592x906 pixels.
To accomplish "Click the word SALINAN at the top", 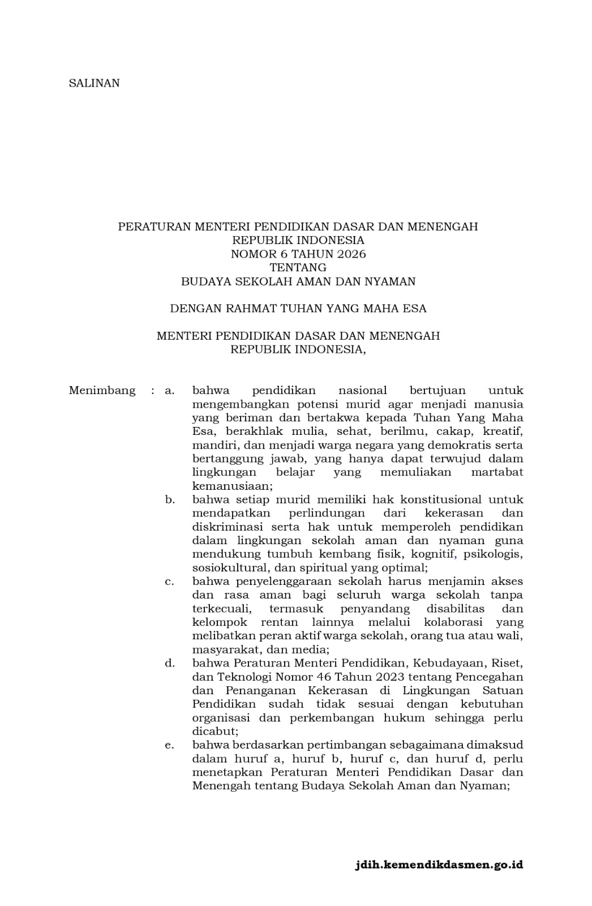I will point(94,83).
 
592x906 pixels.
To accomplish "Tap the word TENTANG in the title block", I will point(298,267).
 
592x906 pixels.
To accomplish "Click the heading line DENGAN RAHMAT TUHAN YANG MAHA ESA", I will point(298,309).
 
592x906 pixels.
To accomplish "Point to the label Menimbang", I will point(102,391).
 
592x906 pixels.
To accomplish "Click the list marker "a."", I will point(169,391).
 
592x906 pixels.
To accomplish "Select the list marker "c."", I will point(169,582).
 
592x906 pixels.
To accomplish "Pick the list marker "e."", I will point(169,745).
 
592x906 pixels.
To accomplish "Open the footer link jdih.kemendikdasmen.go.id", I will point(439,865).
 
